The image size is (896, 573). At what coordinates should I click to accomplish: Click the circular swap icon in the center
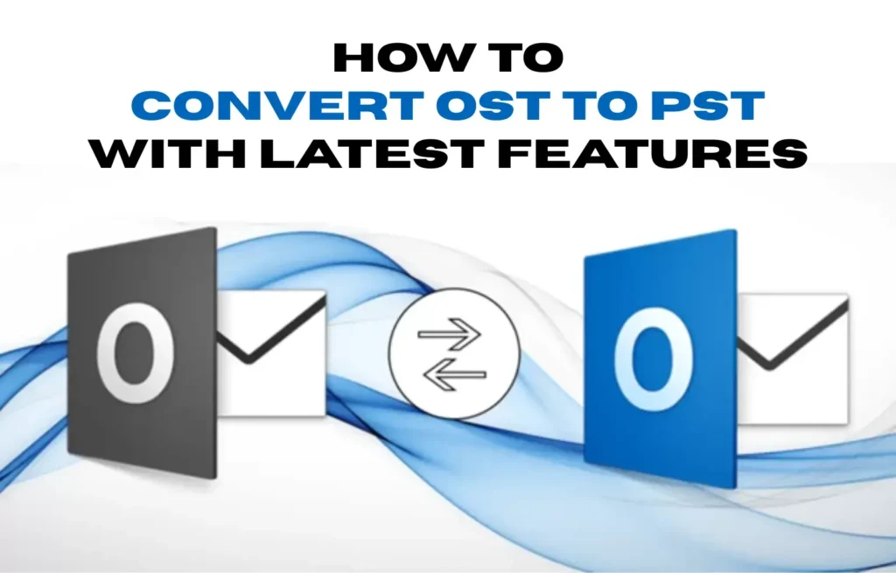(x=454, y=354)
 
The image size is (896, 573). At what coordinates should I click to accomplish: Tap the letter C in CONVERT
(x=161, y=106)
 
